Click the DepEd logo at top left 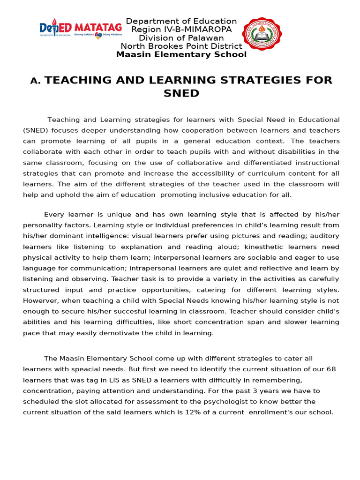click(x=55, y=29)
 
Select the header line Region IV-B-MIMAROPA click(x=181, y=30)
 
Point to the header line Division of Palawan click(x=181, y=38)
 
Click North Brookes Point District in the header click(x=181, y=46)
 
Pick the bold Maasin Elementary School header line click(x=181, y=54)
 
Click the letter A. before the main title click(x=36, y=81)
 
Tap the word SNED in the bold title click(x=181, y=93)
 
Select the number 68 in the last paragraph click(x=331, y=369)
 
